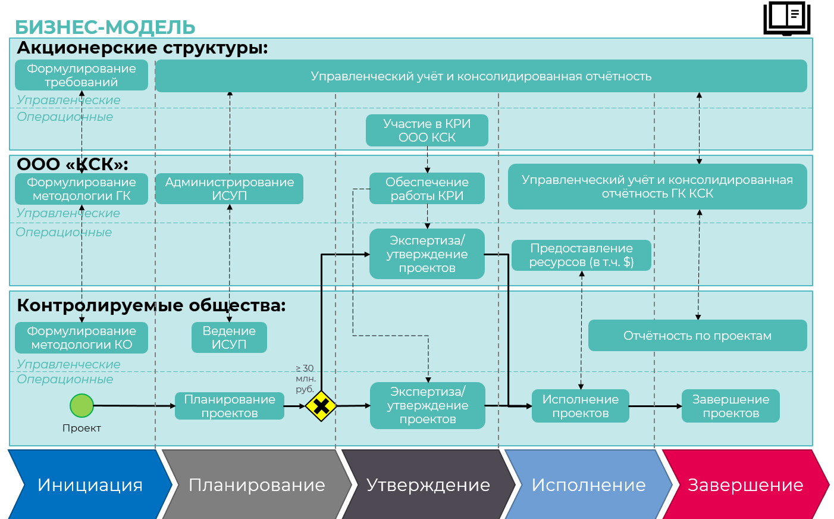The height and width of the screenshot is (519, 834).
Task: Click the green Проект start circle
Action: [82, 406]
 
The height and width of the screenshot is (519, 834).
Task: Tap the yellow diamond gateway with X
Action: [321, 407]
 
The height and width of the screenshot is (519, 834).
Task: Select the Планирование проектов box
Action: [230, 406]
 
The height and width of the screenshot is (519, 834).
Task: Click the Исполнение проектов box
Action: [580, 406]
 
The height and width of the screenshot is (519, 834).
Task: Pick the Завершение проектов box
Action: [730, 406]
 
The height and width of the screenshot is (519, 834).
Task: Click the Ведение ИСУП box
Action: [229, 337]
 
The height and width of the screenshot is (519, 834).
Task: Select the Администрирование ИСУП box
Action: [230, 189]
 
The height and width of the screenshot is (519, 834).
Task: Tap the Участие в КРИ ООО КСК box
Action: [427, 130]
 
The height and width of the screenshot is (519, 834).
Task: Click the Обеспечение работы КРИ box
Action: [427, 189]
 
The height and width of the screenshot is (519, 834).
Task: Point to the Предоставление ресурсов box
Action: [581, 255]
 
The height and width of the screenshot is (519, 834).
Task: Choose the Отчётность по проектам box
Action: [697, 336]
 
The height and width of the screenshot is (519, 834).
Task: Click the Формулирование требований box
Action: [81, 76]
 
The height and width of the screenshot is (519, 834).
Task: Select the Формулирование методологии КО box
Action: [81, 337]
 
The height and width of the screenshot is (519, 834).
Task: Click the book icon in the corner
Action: [786, 18]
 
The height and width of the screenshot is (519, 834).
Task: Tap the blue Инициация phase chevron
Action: [89, 484]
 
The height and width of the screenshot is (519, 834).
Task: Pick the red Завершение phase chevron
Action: [745, 484]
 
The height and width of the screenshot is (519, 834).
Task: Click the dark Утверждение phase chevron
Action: [428, 484]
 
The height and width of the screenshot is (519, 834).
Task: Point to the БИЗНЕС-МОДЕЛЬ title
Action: [105, 27]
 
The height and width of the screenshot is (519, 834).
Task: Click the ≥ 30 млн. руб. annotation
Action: [305, 379]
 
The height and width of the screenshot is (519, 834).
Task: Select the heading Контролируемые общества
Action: [151, 305]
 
